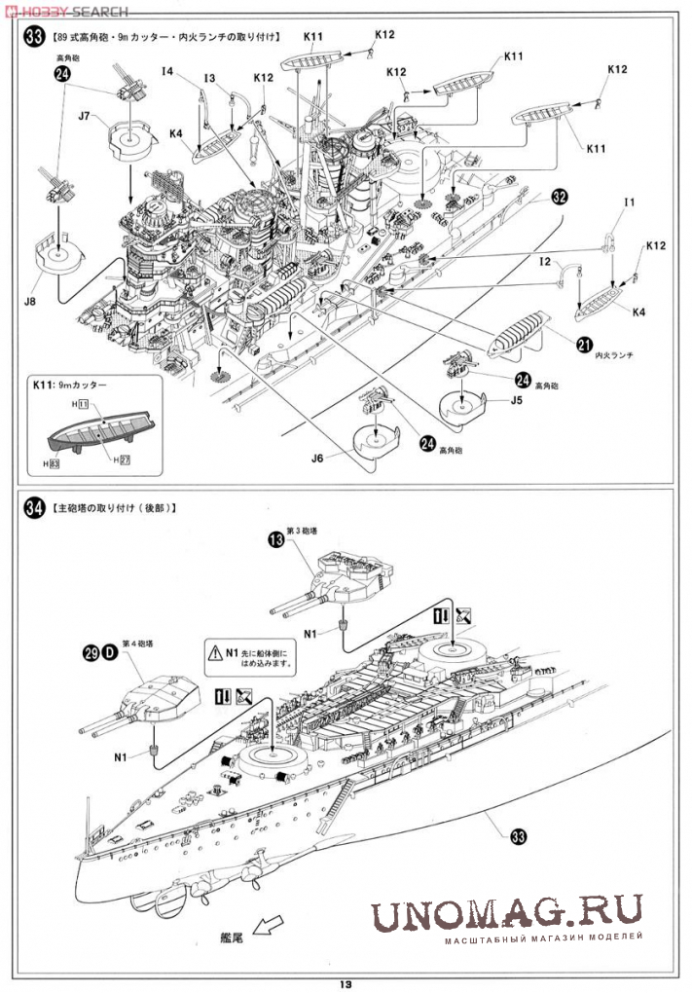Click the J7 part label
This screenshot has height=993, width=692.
click(x=85, y=117)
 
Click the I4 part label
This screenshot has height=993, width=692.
click(x=168, y=71)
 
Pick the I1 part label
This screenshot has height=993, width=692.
click(x=629, y=202)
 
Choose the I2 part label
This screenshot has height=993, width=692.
click(x=545, y=263)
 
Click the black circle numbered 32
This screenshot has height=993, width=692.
click(x=559, y=196)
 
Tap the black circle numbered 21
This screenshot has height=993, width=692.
click(x=584, y=344)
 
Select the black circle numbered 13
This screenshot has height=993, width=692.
click(x=276, y=538)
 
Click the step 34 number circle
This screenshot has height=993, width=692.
click(x=34, y=508)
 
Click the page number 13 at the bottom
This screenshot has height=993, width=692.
click(x=346, y=981)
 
